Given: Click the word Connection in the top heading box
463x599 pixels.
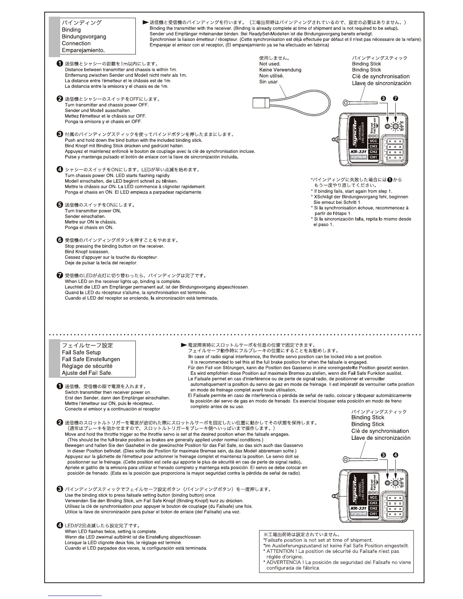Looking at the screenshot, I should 76,43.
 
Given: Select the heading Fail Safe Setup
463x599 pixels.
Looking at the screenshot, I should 81,352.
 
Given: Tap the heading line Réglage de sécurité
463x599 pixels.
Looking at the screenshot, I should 87,366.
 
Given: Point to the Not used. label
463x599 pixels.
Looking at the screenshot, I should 269,64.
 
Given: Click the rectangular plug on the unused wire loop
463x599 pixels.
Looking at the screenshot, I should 260,102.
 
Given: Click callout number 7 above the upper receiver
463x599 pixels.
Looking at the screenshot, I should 396,98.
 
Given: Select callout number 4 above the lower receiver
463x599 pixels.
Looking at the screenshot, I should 396,455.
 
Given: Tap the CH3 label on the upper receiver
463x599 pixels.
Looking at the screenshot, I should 373,146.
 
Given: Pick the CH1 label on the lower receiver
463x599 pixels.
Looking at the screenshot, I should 373,514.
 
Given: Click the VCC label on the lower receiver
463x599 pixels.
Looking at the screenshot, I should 373,498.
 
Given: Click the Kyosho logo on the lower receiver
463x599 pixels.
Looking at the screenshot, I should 358,514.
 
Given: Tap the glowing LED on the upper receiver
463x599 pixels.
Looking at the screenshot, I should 395,127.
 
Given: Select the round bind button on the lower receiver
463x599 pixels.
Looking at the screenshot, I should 387,483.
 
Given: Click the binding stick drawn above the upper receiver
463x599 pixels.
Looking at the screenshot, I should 359,102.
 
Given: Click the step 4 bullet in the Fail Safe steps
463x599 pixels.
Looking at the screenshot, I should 60,525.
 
